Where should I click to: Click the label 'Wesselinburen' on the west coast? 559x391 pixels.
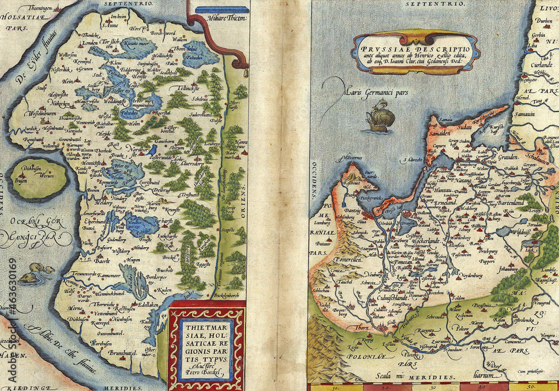(x=39, y=111)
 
